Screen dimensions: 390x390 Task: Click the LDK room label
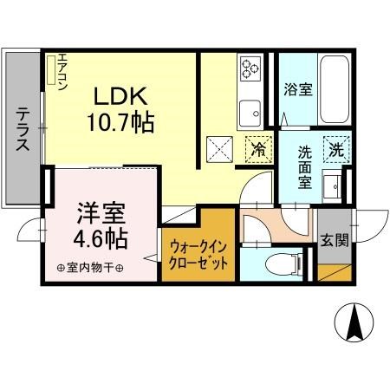coord(120,95)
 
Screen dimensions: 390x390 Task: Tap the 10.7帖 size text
coord(120,122)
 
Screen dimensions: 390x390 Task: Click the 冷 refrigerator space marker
coord(258,149)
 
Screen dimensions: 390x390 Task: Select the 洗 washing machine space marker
coord(335,148)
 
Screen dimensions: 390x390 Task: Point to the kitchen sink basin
coord(252,111)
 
